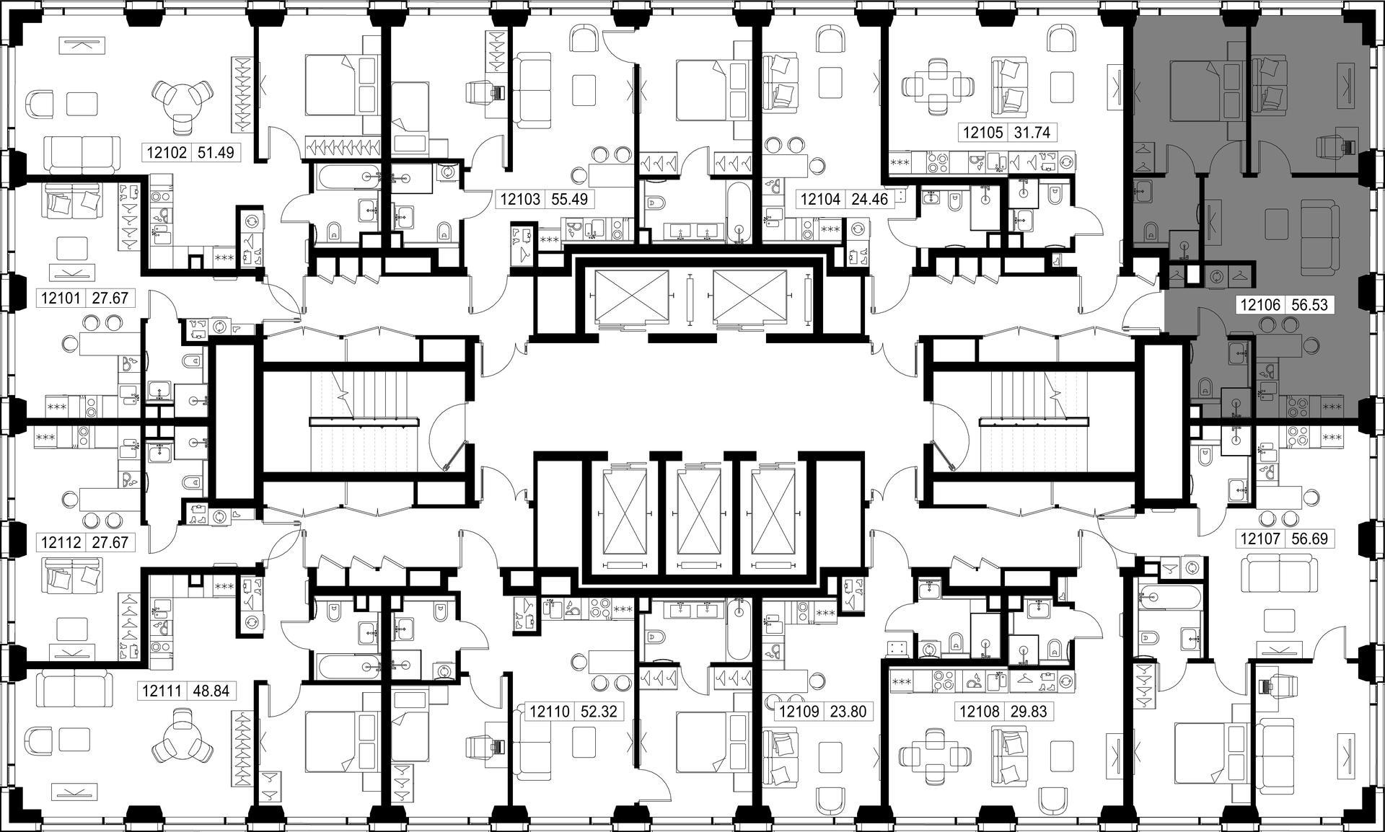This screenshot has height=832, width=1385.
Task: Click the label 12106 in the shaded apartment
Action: pos(1260,306)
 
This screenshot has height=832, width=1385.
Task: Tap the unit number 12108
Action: pos(980,712)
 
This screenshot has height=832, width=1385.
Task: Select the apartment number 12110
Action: pos(550,712)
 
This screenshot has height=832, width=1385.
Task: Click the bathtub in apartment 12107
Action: pos(1169,597)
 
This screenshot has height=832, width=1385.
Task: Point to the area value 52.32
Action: pos(599,712)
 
